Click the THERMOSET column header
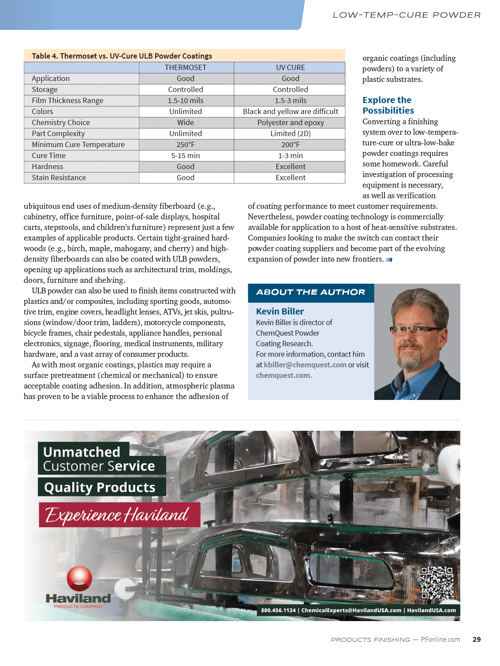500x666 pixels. [x=186, y=67]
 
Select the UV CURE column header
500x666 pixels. [x=290, y=67]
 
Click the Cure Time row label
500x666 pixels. [x=49, y=155]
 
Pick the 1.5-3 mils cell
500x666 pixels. [x=290, y=100]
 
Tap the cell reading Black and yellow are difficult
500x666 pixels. [x=290, y=111]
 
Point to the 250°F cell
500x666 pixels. [x=186, y=144]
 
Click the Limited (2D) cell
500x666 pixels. [x=290, y=133]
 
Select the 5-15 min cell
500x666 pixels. [x=186, y=155]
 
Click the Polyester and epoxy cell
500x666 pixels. [x=290, y=122]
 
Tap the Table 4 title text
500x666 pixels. [x=122, y=56]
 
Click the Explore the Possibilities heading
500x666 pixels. [x=388, y=105]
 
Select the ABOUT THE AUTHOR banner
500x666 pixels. [x=311, y=292]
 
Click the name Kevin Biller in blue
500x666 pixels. [x=280, y=311]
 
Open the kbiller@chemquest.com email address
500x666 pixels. [x=305, y=365]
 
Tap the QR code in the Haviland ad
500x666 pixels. [x=437, y=583]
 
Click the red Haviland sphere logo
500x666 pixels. [x=79, y=578]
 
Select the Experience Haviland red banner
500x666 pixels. [x=119, y=515]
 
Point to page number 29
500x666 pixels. [x=477, y=640]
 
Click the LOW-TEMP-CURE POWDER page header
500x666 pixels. [x=407, y=15]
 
